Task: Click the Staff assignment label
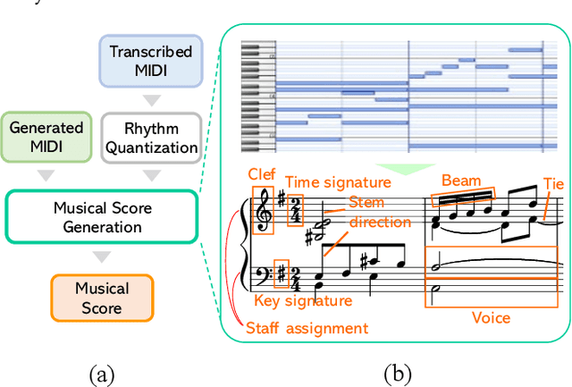pos(307,328)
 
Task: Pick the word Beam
pos(461,181)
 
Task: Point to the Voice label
pos(491,317)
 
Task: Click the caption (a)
pos(102,372)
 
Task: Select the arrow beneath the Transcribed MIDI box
pos(150,97)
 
